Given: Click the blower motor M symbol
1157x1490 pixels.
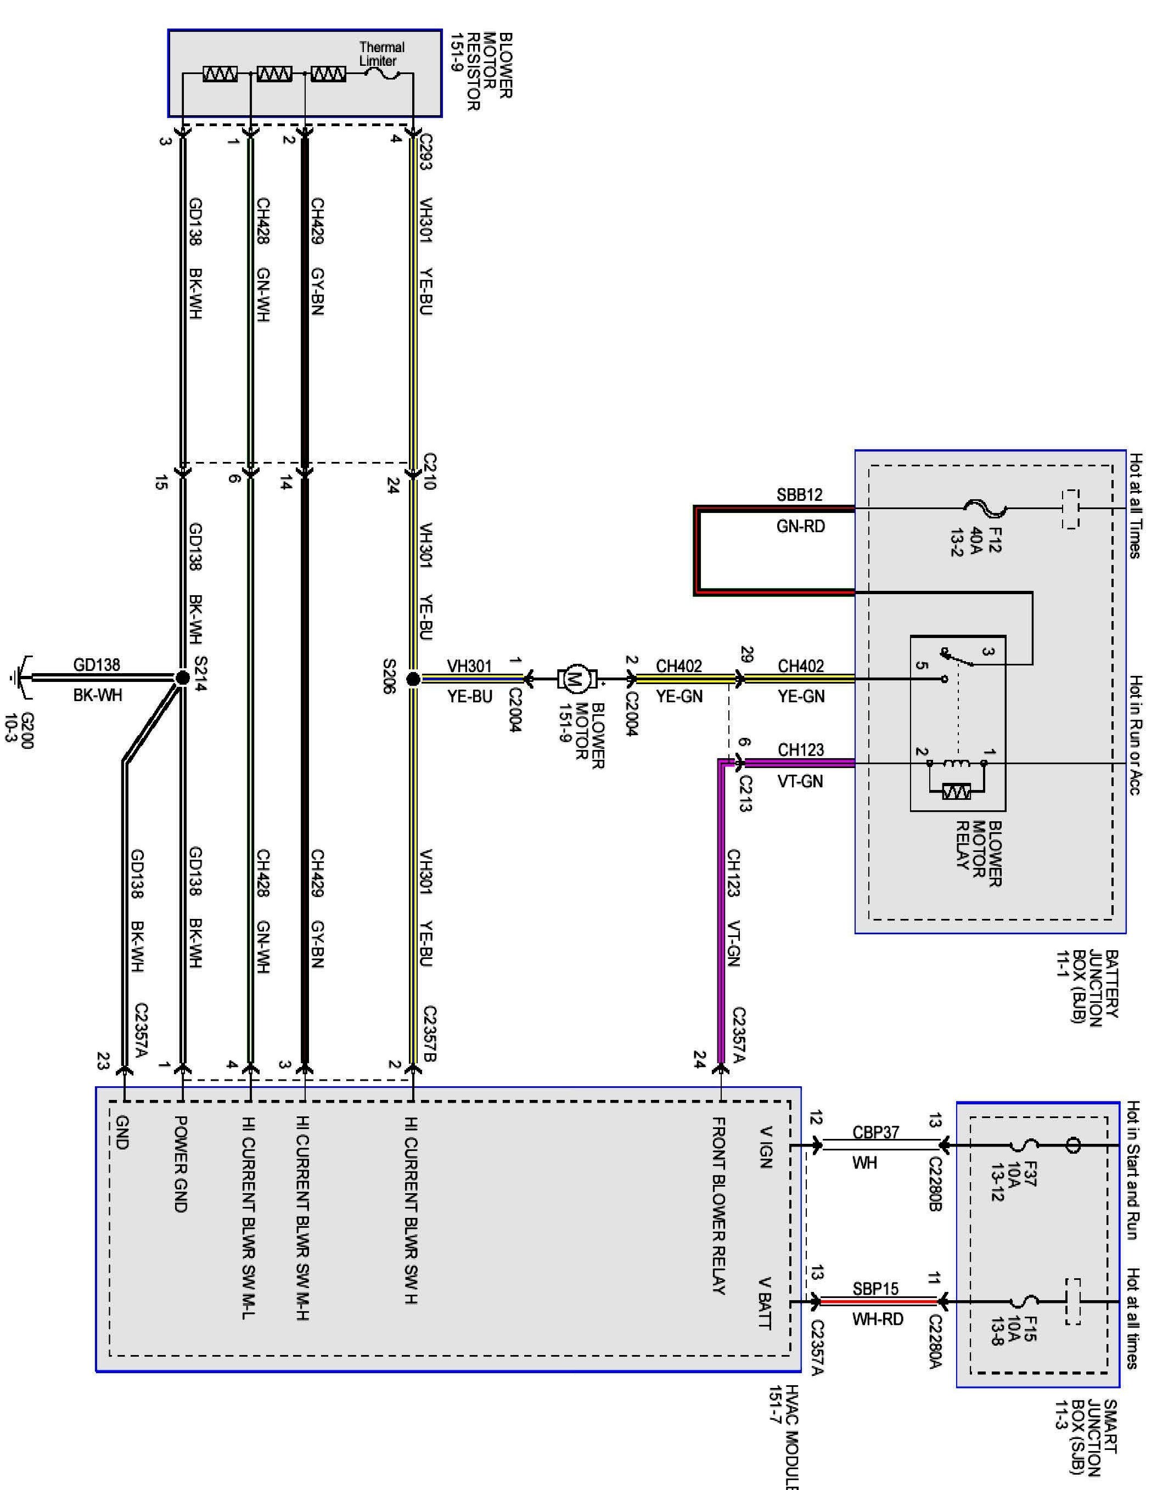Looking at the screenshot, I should (575, 679).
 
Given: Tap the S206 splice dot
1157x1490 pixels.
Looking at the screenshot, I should (413, 679).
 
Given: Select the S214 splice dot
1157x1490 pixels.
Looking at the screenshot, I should (182, 678).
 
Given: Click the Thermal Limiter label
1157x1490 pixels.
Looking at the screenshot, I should (381, 54).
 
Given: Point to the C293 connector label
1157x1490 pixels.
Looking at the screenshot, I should (425, 151).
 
